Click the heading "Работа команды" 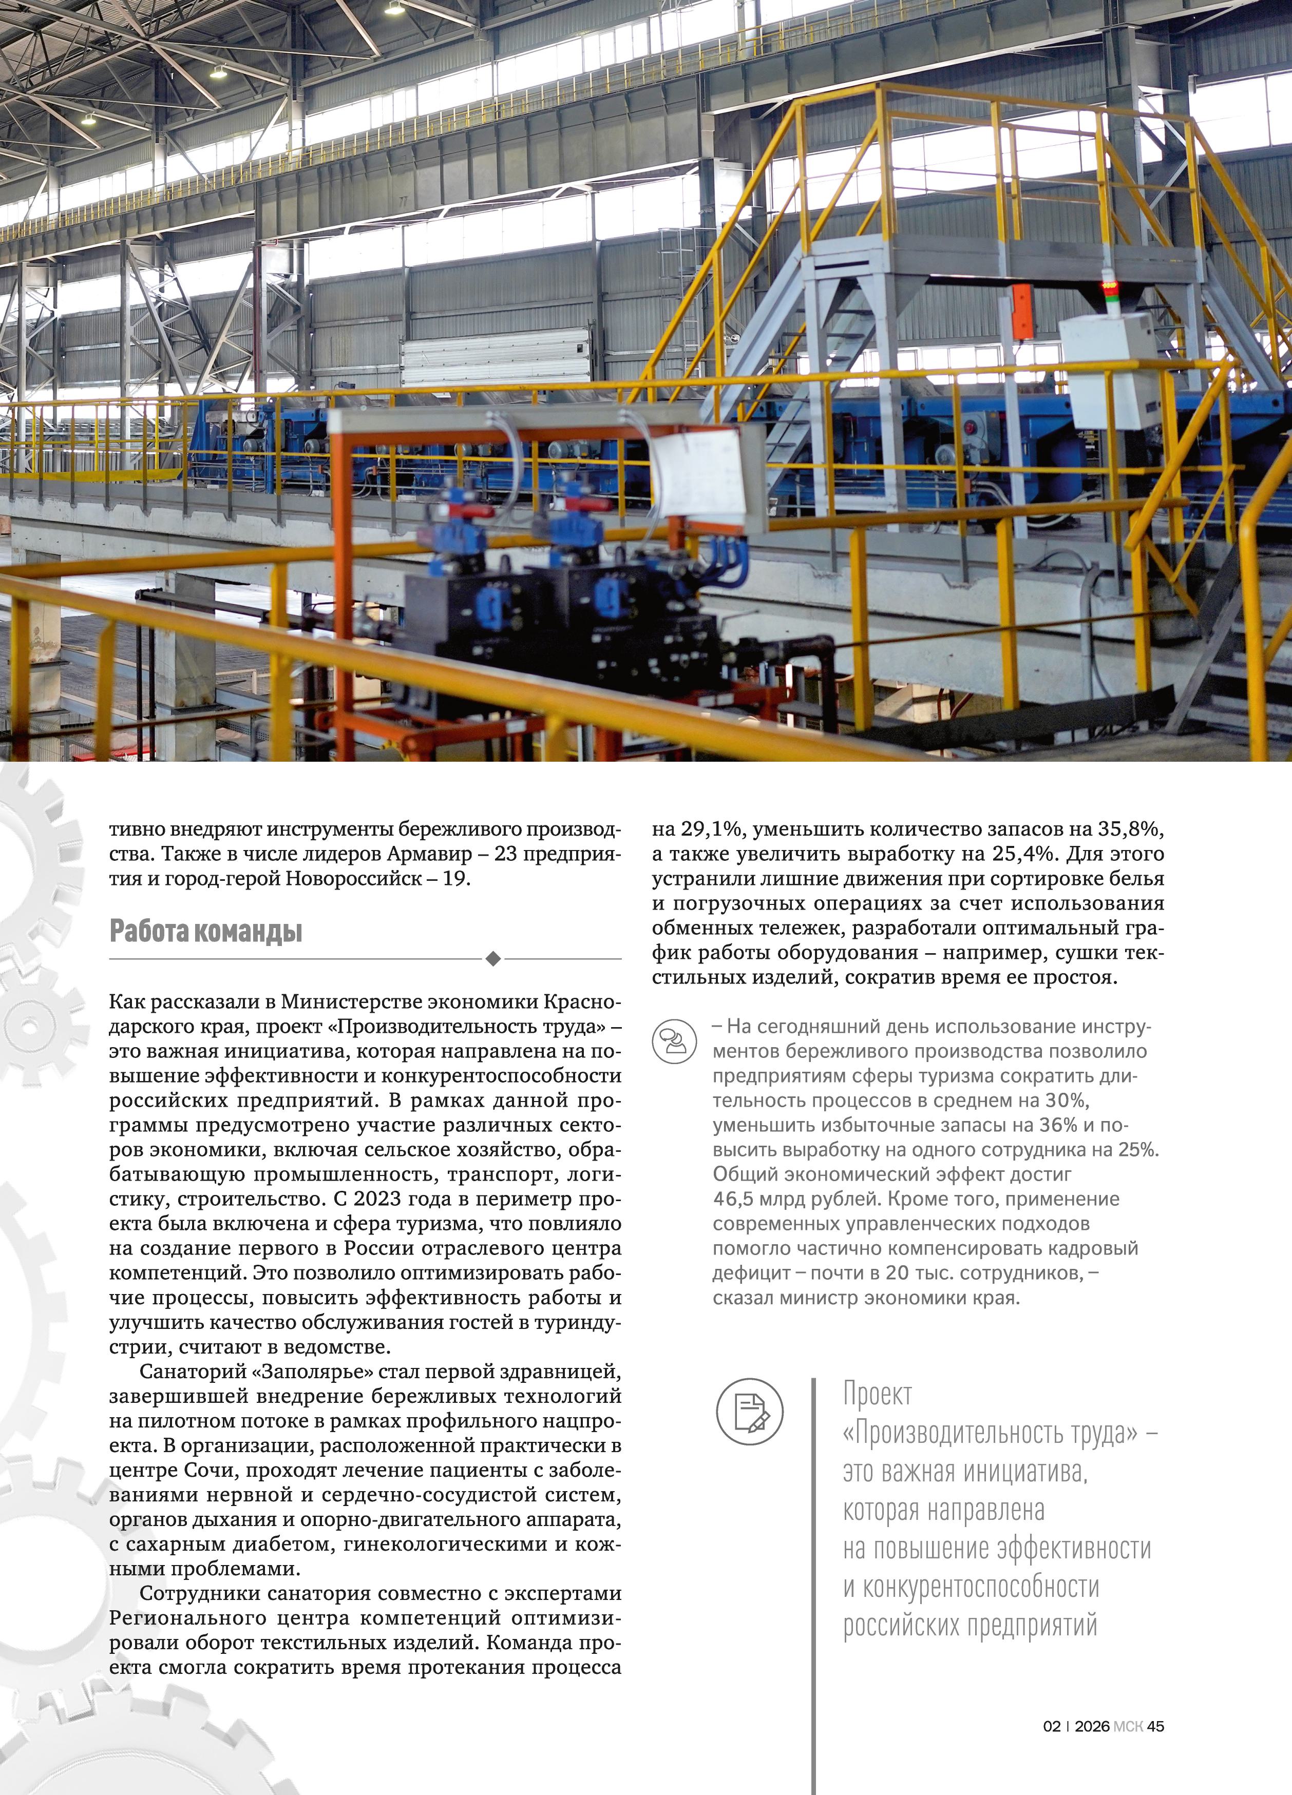point(206,932)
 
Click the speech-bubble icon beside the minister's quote point(674,1041)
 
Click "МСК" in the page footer point(1127,1726)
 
